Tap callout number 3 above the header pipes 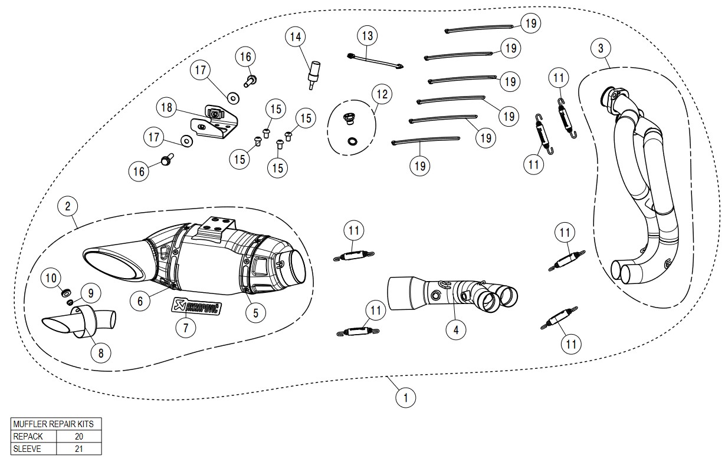coord(601,48)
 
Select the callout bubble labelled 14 coord(296,37)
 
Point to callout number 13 coord(368,36)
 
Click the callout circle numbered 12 coord(382,94)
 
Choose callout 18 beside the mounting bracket coord(167,107)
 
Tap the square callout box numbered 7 coord(185,328)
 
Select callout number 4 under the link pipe coord(455,330)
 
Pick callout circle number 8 coord(100,352)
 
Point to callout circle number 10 coord(51,276)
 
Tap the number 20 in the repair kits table coord(79,437)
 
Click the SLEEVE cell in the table coord(34,448)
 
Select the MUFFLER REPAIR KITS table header coord(56,424)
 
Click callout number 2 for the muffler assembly coord(68,206)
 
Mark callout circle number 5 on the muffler coord(255,313)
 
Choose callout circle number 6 coord(140,300)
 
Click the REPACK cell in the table coord(34,437)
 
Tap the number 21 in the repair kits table coord(79,448)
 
